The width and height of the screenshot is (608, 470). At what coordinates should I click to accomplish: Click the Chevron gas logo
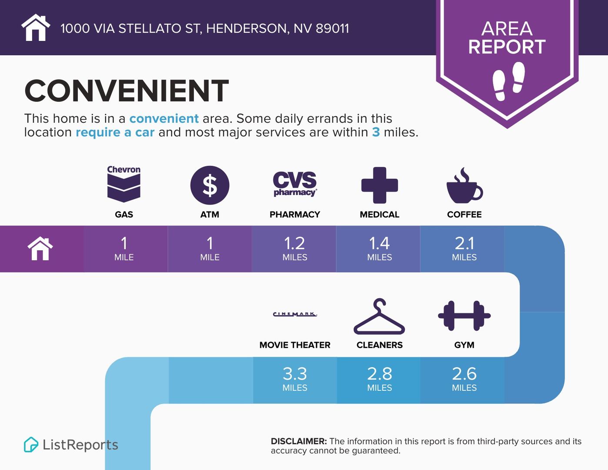[x=124, y=184]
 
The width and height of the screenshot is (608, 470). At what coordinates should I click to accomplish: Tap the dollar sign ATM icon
[x=210, y=185]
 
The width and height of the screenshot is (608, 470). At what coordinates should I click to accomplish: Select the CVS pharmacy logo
[x=295, y=184]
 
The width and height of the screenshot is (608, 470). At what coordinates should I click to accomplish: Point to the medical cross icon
[x=380, y=185]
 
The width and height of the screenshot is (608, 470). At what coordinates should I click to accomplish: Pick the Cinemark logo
[x=295, y=314]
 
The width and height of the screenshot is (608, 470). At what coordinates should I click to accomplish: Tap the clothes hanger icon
[x=379, y=316]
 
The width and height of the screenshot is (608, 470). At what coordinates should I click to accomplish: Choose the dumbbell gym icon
[x=464, y=316]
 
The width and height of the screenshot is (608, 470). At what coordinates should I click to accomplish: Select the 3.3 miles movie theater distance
[x=295, y=379]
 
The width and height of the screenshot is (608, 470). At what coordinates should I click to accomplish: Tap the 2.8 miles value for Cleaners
[x=380, y=379]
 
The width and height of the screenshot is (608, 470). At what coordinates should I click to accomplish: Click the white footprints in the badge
[x=509, y=81]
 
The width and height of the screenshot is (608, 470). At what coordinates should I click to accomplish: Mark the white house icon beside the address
[x=36, y=27]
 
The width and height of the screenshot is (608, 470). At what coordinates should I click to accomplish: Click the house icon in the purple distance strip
[x=40, y=248]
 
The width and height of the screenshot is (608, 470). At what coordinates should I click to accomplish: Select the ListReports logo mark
[x=31, y=444]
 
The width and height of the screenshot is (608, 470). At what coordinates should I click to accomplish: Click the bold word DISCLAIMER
[x=299, y=441]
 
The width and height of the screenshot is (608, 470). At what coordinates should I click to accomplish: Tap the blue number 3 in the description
[x=376, y=132]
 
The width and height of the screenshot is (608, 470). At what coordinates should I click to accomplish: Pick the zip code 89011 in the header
[x=332, y=29]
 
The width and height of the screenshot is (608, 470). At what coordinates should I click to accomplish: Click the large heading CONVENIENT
[x=127, y=91]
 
